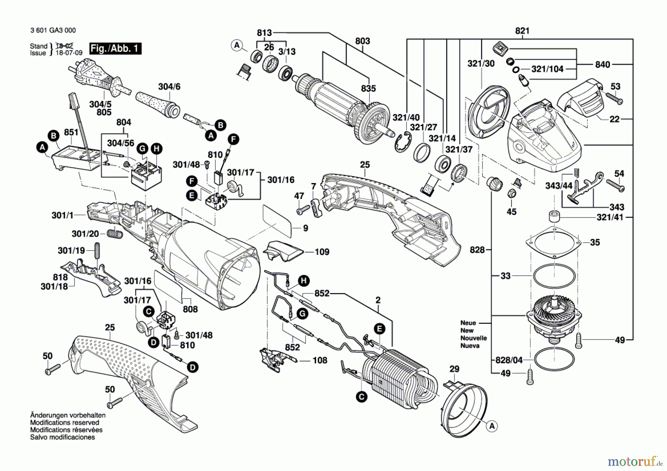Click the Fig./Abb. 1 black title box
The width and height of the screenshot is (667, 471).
(x=115, y=49)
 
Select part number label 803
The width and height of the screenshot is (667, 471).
(x=362, y=41)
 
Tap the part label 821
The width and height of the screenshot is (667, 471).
(x=522, y=31)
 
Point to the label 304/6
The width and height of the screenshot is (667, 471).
(x=169, y=87)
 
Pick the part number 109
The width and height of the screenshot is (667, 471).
(x=322, y=252)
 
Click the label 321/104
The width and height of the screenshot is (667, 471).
(x=547, y=69)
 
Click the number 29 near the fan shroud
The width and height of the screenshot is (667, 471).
(x=454, y=369)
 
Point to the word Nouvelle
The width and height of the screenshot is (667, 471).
(x=474, y=338)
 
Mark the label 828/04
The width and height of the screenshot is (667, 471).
(x=509, y=359)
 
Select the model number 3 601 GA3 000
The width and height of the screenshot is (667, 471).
(x=53, y=30)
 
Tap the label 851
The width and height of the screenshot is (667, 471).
(x=71, y=133)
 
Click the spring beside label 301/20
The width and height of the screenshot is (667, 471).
(x=115, y=234)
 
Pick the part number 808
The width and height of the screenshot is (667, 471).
(x=190, y=309)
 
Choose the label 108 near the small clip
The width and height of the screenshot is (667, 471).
(x=320, y=360)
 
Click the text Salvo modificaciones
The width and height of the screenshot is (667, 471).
(x=62, y=437)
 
